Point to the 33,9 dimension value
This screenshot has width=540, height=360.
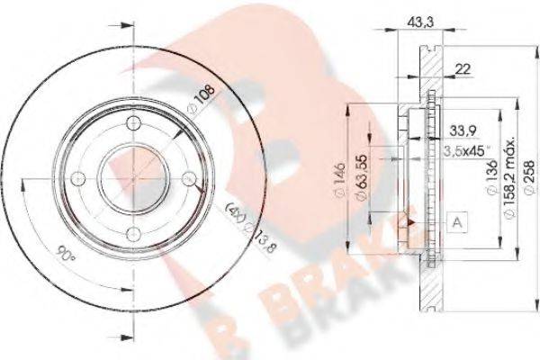coord(463,128)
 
